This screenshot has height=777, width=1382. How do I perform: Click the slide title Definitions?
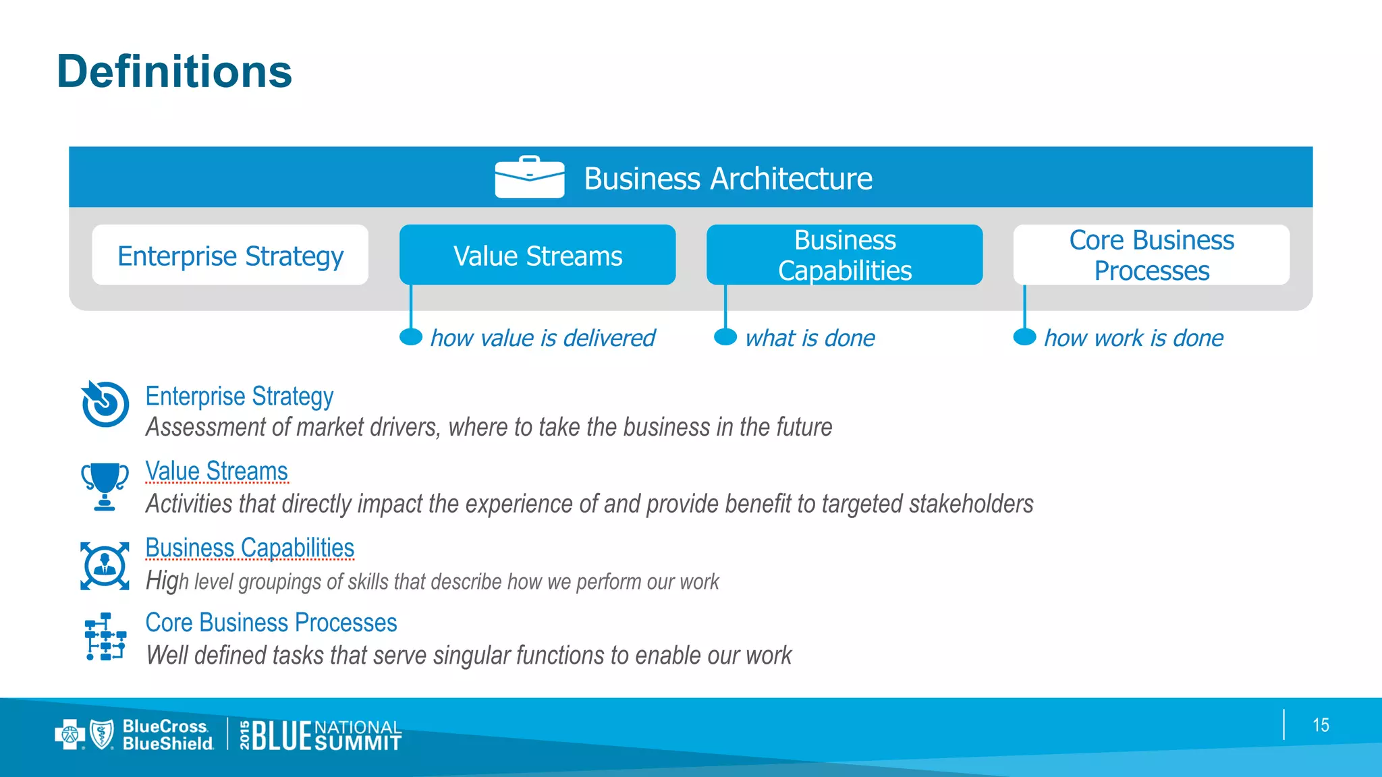coord(174,71)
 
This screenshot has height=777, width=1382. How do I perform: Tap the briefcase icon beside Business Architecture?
coord(529,177)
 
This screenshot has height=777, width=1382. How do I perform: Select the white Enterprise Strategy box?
coord(230,256)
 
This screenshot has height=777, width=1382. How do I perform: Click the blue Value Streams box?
coord(537,256)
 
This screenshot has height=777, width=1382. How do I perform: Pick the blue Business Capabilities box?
coord(844,256)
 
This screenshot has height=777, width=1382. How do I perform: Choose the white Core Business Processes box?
coord(1151,256)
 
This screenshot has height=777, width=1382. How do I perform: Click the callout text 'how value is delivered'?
coord(543,338)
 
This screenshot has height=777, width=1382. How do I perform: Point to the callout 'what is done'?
coord(810,338)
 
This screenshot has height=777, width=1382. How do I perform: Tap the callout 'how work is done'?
coord(1134,338)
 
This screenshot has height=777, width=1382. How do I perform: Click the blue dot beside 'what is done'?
coord(725,337)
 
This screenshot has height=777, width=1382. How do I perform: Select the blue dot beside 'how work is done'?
coord(1024,337)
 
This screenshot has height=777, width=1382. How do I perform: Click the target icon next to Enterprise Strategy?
coord(105,403)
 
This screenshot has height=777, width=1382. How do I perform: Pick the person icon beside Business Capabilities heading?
coord(105,565)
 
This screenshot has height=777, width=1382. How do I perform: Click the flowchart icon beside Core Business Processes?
coord(105,637)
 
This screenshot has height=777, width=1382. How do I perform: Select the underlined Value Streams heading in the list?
coord(217,471)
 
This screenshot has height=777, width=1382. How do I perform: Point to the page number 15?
coord(1321,725)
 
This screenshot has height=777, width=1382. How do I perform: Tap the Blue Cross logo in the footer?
coord(70,735)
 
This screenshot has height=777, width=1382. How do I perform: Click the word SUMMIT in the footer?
coord(358,744)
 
